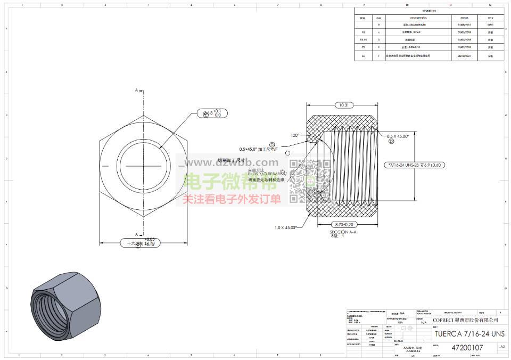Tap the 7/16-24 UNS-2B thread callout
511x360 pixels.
point(414,165)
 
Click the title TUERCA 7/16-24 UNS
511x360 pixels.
point(468,333)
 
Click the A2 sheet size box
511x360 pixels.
point(502,347)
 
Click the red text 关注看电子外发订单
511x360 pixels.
point(232,200)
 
